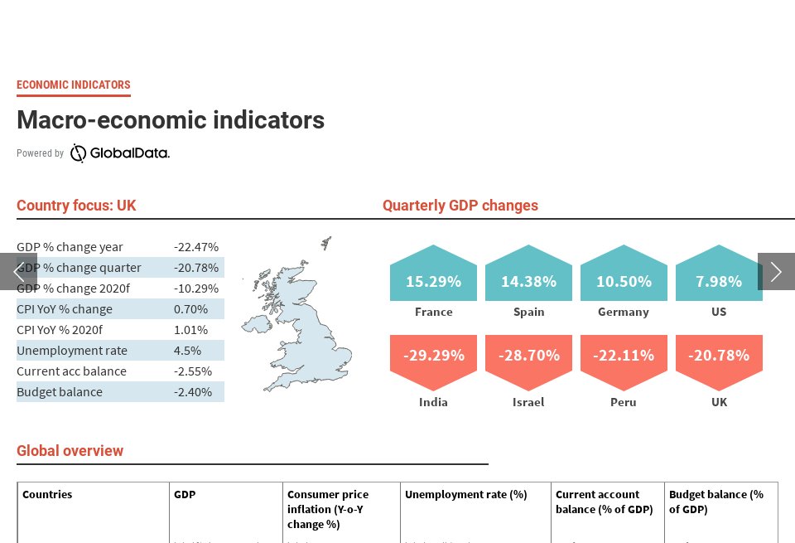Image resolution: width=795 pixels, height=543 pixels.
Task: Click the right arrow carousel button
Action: click(776, 271)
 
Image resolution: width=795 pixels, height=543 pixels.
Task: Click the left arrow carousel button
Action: click(18, 271)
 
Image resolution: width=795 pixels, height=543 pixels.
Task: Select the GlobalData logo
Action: click(119, 153)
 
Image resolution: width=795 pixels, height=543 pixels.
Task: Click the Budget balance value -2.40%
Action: click(193, 392)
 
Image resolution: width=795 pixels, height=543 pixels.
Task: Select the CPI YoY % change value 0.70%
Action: click(190, 309)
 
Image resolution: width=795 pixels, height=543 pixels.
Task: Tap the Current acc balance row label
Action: click(71, 371)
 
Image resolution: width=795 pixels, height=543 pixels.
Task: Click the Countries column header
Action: click(47, 495)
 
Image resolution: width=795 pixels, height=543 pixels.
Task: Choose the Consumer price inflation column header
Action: click(328, 509)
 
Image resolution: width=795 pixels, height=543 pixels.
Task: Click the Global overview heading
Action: click(70, 451)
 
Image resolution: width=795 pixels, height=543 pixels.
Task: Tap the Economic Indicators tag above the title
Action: click(74, 85)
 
